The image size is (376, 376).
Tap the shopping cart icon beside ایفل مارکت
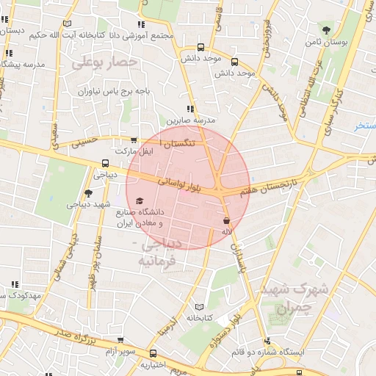(x=133, y=140)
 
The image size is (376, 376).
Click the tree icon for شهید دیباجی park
(x=89, y=193)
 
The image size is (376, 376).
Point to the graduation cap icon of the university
(x=140, y=200)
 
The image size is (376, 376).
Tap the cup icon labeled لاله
(x=226, y=220)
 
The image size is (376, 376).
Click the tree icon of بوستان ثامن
(x=325, y=30)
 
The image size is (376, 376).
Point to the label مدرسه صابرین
(x=193, y=120)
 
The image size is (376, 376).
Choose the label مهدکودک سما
(x=21, y=295)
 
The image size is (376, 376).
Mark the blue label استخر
(x=364, y=126)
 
